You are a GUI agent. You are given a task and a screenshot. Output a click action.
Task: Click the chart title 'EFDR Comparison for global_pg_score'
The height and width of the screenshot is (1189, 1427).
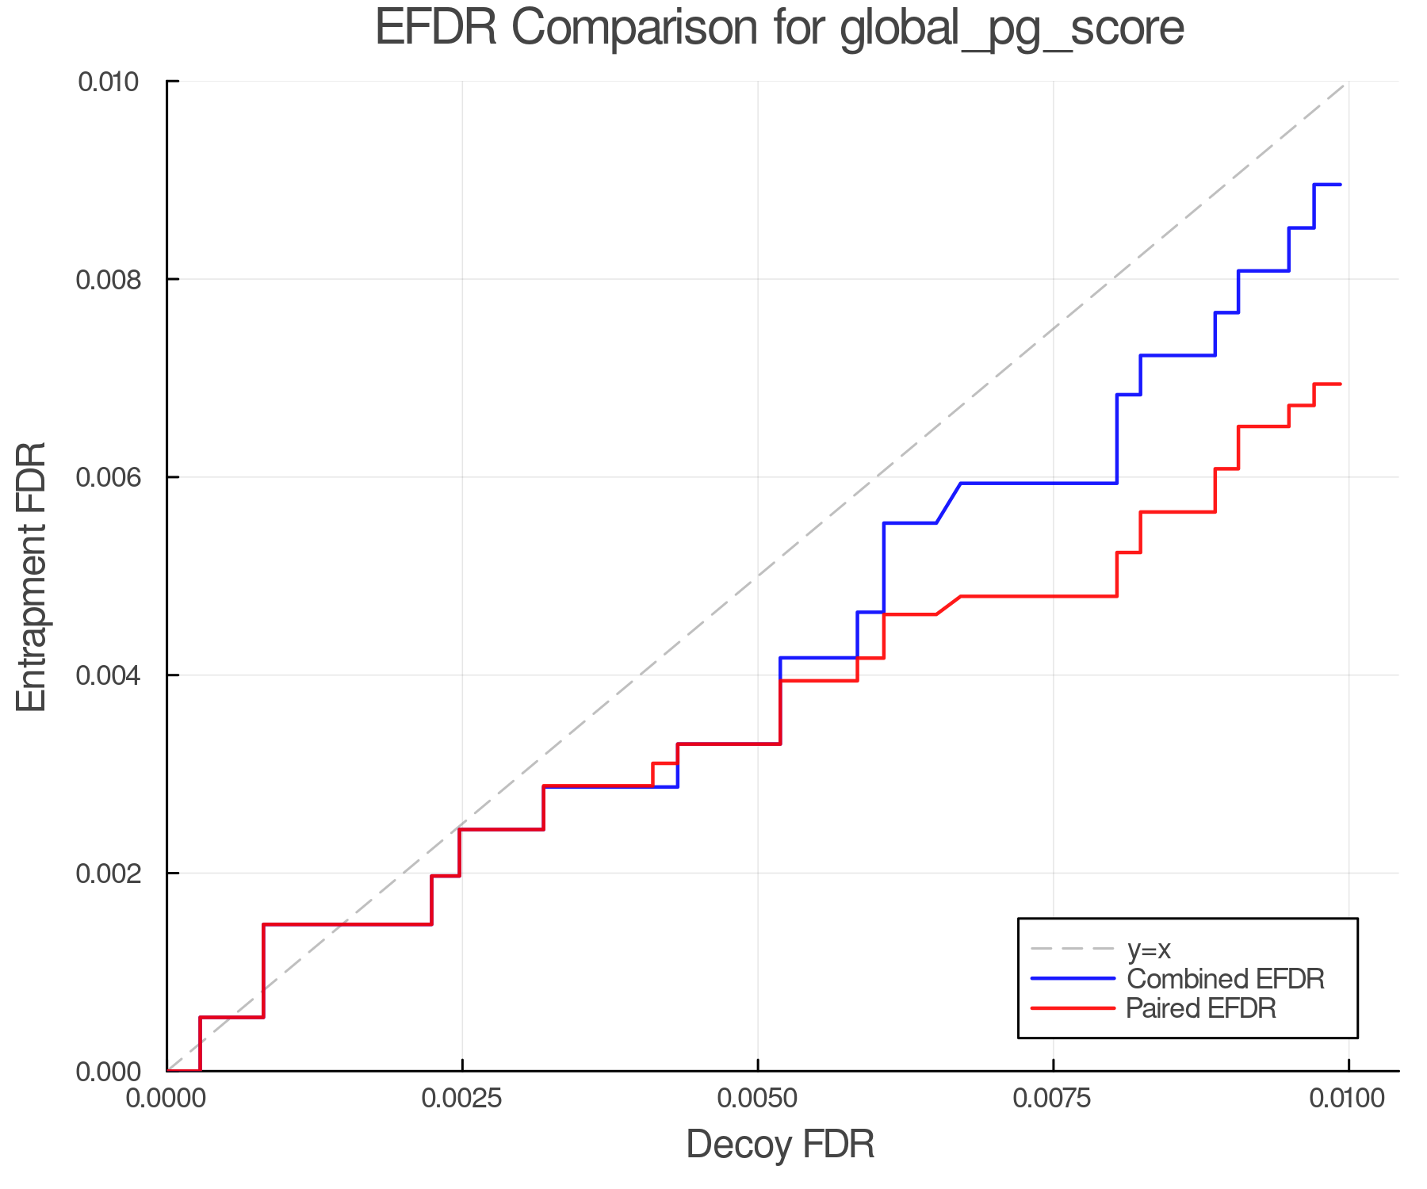click(x=779, y=28)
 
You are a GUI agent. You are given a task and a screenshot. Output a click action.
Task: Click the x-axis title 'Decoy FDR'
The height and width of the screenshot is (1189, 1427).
click(x=779, y=1145)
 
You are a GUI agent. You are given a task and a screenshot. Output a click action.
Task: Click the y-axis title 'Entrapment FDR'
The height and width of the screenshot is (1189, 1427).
click(x=32, y=577)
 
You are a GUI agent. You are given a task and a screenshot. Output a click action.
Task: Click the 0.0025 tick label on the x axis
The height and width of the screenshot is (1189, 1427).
click(x=461, y=1099)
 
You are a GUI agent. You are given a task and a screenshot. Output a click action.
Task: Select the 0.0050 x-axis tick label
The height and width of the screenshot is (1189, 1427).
click(x=757, y=1099)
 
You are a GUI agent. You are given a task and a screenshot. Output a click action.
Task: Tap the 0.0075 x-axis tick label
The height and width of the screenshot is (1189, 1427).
click(x=1053, y=1099)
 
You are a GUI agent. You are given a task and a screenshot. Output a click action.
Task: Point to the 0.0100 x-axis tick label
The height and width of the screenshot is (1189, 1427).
click(x=1348, y=1099)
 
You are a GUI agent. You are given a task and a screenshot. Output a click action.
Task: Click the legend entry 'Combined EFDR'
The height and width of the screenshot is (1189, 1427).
click(x=1225, y=979)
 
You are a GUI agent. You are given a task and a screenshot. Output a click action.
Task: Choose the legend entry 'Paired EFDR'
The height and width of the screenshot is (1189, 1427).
click(x=1201, y=1008)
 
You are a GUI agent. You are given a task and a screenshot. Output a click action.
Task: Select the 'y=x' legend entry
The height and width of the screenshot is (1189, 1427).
click(x=1149, y=949)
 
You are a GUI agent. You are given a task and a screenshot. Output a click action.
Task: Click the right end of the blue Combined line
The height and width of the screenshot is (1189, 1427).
click(x=1340, y=185)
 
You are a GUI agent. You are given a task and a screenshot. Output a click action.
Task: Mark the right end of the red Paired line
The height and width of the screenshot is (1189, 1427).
click(x=1340, y=384)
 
